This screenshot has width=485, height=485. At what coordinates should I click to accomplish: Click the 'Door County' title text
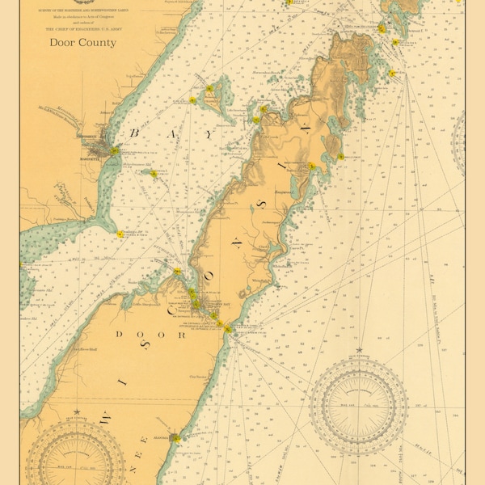tap(82, 42)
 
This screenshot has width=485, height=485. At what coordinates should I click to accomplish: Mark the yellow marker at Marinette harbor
tap(116, 151)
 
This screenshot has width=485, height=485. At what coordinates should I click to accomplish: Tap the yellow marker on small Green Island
tap(154, 174)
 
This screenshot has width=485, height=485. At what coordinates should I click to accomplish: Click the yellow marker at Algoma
tap(175, 438)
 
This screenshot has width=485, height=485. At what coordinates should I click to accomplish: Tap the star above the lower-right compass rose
tap(359, 350)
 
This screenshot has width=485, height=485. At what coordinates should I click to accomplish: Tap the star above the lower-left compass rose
tap(76, 411)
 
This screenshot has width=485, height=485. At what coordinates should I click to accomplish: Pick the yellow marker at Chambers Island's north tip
tap(209, 88)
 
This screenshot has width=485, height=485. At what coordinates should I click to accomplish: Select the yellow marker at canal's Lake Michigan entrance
tap(228, 329)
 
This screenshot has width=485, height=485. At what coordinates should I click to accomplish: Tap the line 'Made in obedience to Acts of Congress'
tap(82, 16)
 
